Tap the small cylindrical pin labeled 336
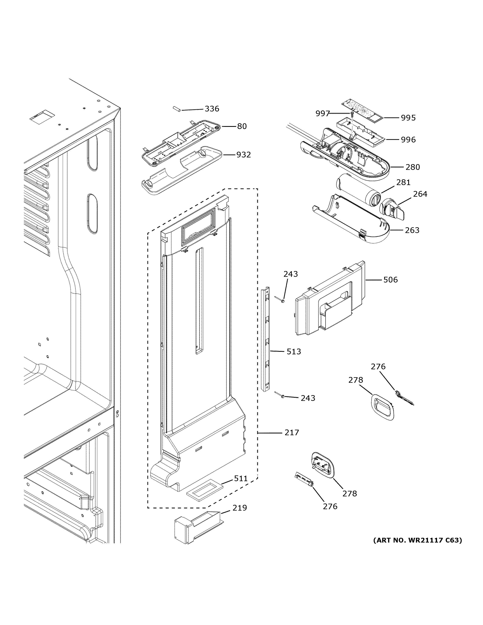(x=176, y=109)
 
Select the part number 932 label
(x=243, y=155)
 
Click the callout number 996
(x=408, y=140)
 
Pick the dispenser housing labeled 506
(x=329, y=300)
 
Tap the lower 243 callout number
(x=308, y=398)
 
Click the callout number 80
(x=242, y=126)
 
